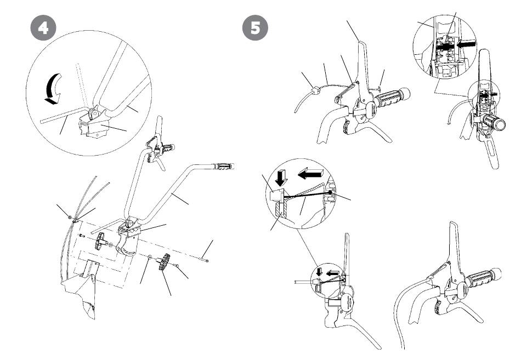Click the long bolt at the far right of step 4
click(x=205, y=260)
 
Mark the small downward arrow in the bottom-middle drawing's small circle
click(x=320, y=271)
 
